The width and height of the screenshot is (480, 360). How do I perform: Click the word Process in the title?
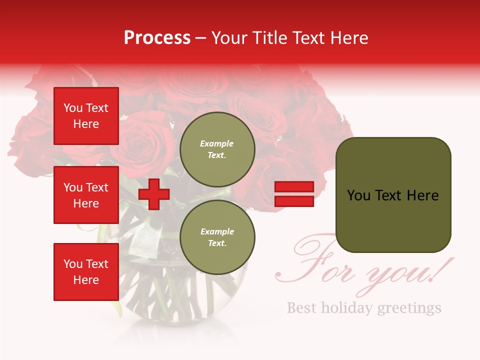point(157,38)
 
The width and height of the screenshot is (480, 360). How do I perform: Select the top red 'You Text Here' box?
point(86,116)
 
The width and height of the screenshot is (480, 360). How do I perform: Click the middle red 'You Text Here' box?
point(86,195)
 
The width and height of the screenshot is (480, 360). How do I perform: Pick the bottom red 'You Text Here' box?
point(86,271)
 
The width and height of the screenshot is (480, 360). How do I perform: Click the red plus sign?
point(154,194)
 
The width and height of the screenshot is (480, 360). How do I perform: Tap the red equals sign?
point(294,194)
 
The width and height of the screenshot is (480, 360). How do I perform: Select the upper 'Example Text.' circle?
point(217,149)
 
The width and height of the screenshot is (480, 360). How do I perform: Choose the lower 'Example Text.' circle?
point(217,237)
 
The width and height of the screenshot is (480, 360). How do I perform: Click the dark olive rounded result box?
point(393,195)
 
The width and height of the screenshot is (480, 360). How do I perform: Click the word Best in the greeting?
point(301,307)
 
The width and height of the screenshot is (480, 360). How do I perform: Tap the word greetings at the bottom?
point(409,308)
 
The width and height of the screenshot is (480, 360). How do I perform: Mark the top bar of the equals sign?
point(294,187)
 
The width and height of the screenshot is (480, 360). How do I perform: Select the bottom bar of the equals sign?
point(294,201)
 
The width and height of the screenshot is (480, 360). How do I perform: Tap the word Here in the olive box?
point(422,195)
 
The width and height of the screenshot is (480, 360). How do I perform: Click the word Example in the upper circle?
point(217,143)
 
